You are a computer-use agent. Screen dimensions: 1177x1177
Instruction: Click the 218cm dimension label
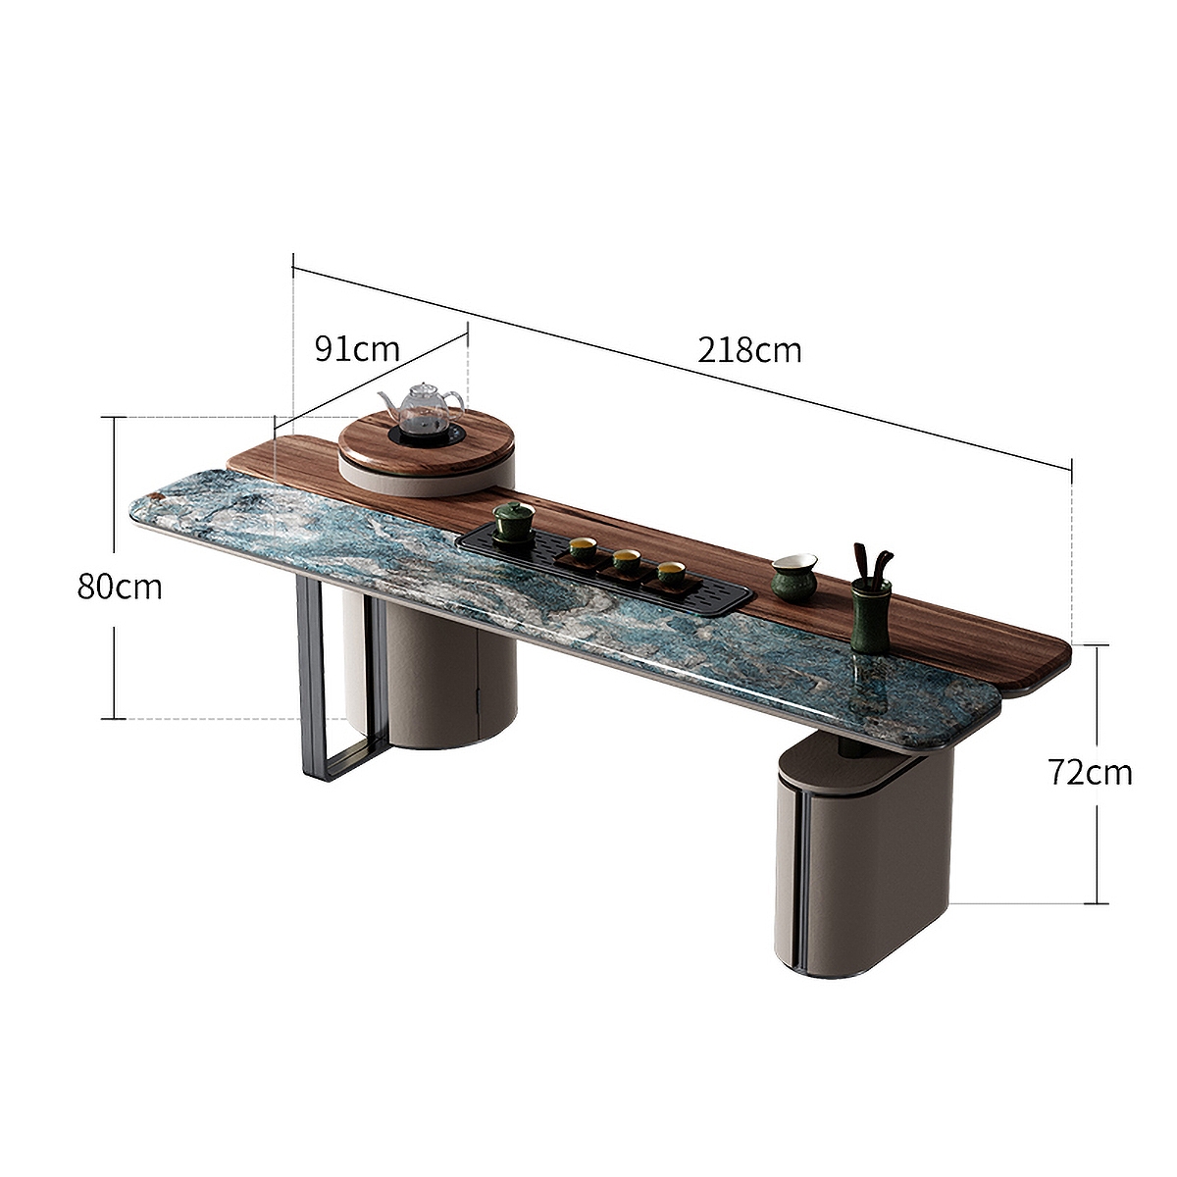(749, 349)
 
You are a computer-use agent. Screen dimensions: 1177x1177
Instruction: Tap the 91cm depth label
(357, 348)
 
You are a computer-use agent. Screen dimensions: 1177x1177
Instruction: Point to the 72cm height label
(1089, 772)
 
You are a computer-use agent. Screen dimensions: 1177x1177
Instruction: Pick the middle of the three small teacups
(625, 563)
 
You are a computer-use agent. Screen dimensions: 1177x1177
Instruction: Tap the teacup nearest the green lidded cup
(583, 551)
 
